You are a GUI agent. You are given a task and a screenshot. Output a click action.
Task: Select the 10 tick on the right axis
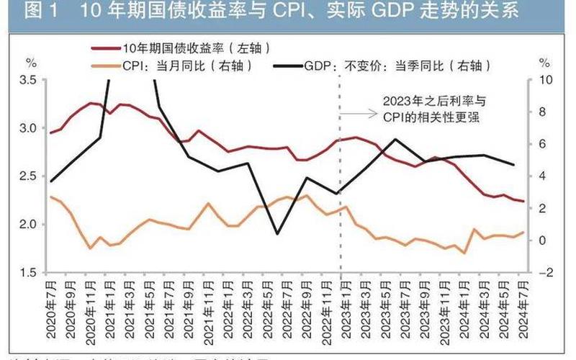pos(545,80)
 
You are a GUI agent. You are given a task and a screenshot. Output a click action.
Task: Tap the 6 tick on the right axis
pos(545,144)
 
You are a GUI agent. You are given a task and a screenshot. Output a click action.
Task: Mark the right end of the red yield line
pos(523,202)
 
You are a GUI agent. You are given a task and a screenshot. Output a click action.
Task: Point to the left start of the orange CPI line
pos(50,197)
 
